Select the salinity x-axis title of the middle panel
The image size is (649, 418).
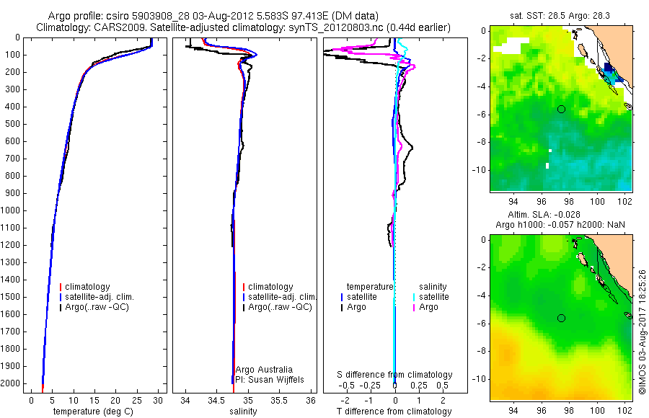pos(243,412)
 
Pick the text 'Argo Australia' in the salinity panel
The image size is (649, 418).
pos(264,370)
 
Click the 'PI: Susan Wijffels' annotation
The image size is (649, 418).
pos(270,379)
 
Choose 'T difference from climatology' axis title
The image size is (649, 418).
pos(394,412)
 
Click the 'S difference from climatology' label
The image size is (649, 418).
pos(395,375)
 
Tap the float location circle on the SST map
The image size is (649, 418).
pos(561,109)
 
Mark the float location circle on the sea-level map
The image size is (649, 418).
pos(561,318)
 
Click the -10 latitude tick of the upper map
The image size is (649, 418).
pos(481,169)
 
